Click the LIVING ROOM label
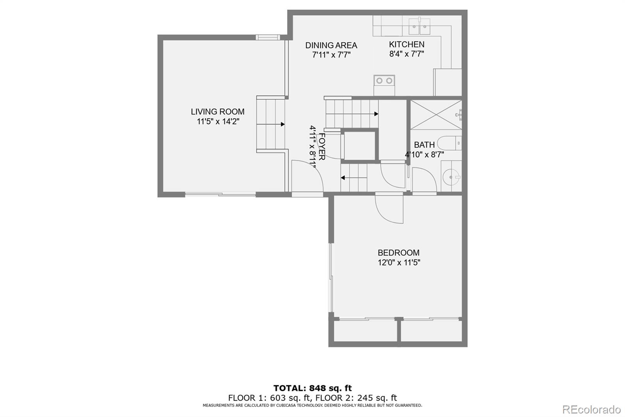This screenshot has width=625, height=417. point(218,111)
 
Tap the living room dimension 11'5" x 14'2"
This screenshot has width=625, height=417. point(218,122)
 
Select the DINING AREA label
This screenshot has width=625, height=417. point(331,45)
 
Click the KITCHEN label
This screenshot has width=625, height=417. point(406,44)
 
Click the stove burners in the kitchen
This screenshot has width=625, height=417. point(384,81)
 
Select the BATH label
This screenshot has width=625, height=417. point(424,145)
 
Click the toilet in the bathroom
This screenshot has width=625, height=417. point(449,143)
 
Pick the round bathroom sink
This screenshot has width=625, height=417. point(452,177)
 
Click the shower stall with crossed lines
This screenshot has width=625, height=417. point(436,115)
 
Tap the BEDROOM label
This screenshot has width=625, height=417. point(398,253)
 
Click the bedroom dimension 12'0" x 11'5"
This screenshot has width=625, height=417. point(398,262)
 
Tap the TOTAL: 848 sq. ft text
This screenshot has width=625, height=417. point(312,388)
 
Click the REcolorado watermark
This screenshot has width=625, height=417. point(591,409)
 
